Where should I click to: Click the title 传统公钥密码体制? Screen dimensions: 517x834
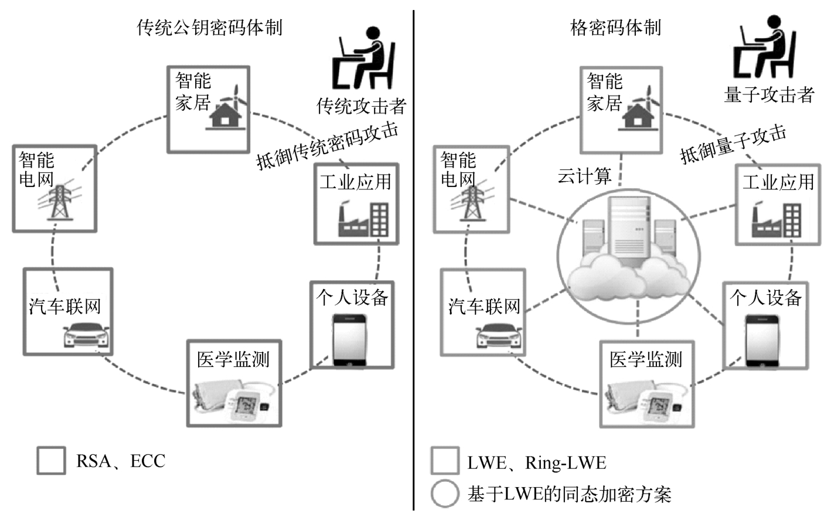[209, 28]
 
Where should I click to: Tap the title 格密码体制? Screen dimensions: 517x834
[615, 28]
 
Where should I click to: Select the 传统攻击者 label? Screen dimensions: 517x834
[361, 106]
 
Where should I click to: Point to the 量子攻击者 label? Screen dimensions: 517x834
[769, 94]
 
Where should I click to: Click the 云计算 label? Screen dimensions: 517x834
[584, 176]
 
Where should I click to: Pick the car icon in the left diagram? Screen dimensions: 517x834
[86, 335]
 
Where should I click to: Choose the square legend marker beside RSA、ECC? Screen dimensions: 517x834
[51, 461]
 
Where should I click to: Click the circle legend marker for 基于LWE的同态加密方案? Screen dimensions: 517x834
[445, 494]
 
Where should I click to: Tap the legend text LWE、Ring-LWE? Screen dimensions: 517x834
[536, 463]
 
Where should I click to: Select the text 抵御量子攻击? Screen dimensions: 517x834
[733, 144]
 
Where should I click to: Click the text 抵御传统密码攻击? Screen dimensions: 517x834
[327, 145]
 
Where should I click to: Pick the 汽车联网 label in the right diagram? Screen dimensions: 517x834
[484, 306]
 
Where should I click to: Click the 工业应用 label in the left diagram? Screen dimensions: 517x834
[356, 182]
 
